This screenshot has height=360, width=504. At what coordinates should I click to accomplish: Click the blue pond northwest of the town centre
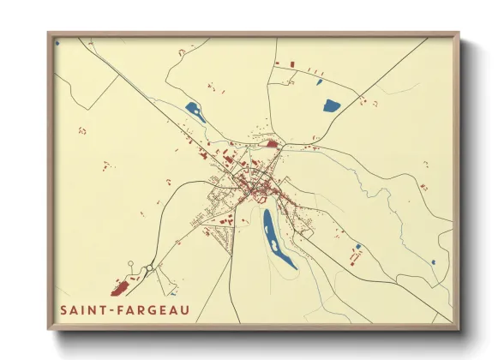pyautogui.click(x=193, y=110)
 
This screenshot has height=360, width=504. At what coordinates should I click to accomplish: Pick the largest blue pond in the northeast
pyautogui.click(x=331, y=106)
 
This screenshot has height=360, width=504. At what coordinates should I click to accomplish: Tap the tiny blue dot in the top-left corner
pyautogui.click(x=57, y=41)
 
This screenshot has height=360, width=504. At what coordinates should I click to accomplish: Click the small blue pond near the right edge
pyautogui.click(x=434, y=261)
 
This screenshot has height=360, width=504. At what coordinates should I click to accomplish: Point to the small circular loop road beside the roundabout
pyautogui.click(x=130, y=264)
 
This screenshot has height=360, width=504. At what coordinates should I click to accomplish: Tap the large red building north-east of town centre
pyautogui.click(x=272, y=144)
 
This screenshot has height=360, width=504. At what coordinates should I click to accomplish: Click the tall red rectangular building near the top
pyautogui.click(x=290, y=64)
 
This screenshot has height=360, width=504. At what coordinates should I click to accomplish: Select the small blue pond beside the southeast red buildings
pyautogui.click(x=358, y=247)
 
